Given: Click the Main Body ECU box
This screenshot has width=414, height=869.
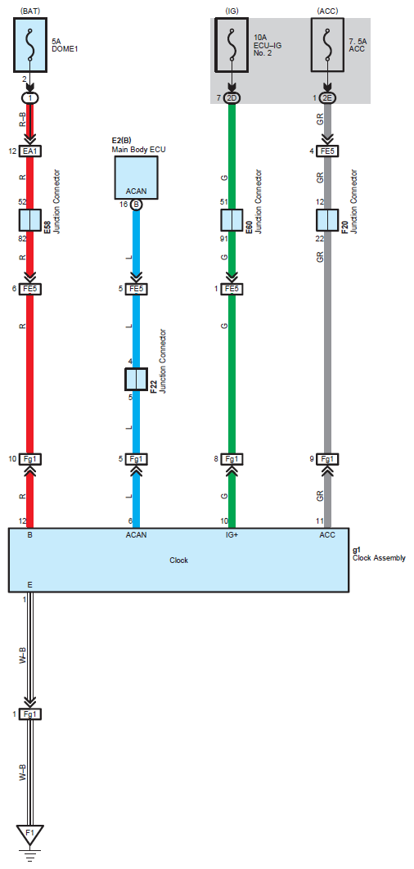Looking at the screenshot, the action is pos(136,178).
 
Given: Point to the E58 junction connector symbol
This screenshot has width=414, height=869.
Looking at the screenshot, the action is pos(30,220).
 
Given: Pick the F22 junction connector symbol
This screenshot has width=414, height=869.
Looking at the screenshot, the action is pos(136,379).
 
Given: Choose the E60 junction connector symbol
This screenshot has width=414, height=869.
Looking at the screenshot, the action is pos(232,220).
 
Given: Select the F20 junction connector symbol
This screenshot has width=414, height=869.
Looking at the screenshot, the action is pos(327,220).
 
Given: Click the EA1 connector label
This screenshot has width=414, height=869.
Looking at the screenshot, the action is pos(30,151).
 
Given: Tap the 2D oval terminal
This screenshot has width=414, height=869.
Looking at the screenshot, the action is pos(232,97).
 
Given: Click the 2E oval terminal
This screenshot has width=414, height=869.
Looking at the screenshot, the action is pos(327,97).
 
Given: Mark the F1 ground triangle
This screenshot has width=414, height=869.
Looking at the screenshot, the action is pos(30,834).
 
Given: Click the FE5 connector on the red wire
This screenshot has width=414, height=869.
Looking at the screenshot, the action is pos(30,289).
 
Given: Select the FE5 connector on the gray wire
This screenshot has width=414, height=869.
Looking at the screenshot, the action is pos(327,151).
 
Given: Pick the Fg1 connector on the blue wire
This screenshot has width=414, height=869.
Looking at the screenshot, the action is pos(136,459).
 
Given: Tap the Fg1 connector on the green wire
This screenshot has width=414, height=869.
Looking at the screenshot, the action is pos(232,459).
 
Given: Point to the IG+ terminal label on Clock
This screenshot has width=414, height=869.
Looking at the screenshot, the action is pos(232,535).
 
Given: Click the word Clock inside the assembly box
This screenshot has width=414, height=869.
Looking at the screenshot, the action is pos(178,561).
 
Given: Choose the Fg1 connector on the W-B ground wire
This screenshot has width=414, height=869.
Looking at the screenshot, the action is pos(30,714).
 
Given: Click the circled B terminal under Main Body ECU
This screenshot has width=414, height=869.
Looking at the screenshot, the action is pos(136,205).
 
